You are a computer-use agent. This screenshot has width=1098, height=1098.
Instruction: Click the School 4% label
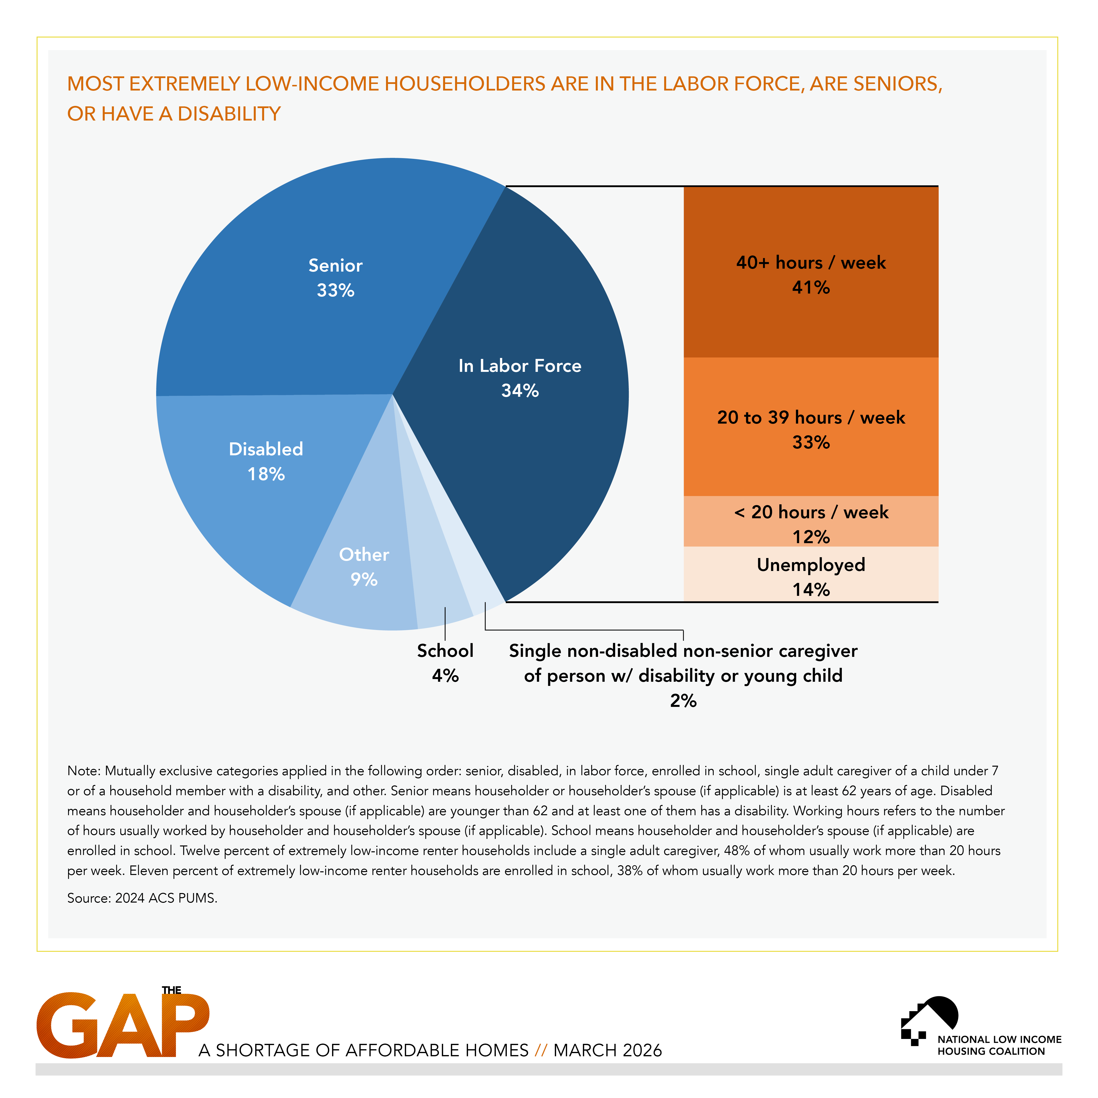445,663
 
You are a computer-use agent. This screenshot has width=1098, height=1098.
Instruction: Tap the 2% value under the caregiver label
683,701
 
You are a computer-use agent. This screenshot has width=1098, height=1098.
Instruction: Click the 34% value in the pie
519,391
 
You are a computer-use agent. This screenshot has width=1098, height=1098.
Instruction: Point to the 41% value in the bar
810,288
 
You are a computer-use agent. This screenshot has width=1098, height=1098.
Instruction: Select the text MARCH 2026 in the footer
608,1050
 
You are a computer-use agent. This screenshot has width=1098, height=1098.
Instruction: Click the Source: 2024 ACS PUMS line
142,898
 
